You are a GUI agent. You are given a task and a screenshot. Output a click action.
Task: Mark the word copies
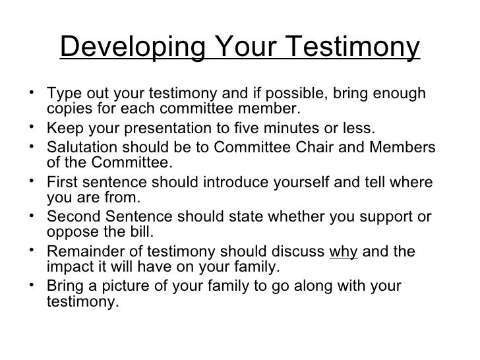[69, 108]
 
